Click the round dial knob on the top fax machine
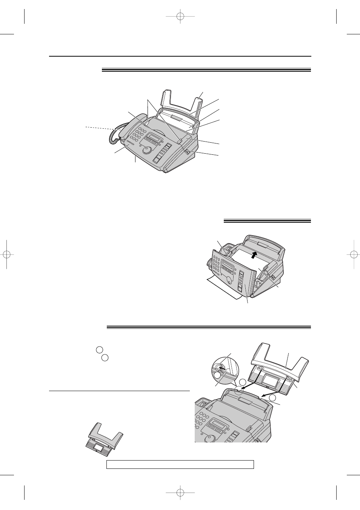point(148,150)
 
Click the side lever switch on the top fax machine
point(188,151)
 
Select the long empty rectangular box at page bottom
point(180,464)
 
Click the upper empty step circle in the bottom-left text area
point(99,349)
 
